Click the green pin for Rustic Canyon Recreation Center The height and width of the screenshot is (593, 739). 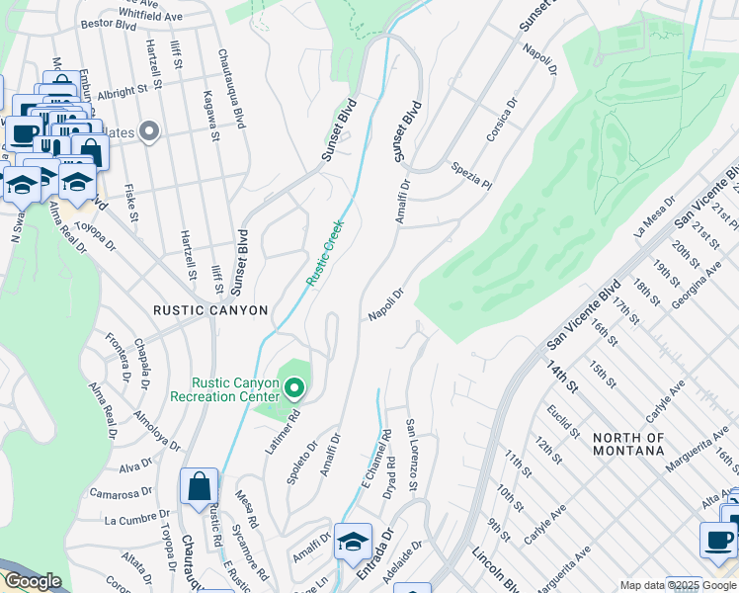point(294,386)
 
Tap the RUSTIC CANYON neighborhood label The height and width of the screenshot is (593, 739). point(210,310)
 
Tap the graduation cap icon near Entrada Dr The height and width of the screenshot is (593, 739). point(353,542)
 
